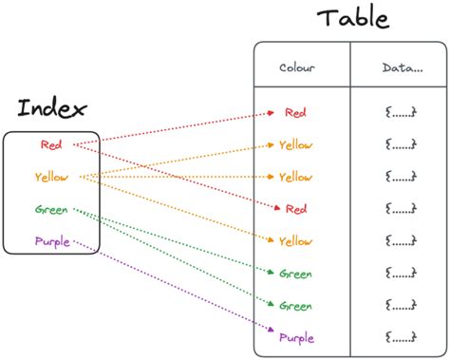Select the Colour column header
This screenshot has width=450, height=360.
point(297,67)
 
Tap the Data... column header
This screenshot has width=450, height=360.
point(402,67)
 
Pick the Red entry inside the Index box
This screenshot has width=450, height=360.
point(51,144)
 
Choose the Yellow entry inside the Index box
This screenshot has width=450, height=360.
point(50,177)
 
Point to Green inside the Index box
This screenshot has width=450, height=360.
point(51,209)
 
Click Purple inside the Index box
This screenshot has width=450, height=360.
point(51,241)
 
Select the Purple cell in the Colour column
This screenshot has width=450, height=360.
point(296,337)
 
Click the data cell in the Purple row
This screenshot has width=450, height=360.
point(402,337)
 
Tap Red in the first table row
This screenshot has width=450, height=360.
point(296,113)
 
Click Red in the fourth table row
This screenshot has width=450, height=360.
point(296,209)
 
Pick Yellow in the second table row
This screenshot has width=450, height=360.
point(296,145)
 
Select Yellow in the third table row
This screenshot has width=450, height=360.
point(296,177)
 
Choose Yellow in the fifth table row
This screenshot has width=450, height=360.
point(296,241)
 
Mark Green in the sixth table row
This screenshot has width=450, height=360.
point(296,274)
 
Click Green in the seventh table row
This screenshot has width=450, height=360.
point(296,305)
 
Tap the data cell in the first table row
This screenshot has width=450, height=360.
point(402,113)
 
